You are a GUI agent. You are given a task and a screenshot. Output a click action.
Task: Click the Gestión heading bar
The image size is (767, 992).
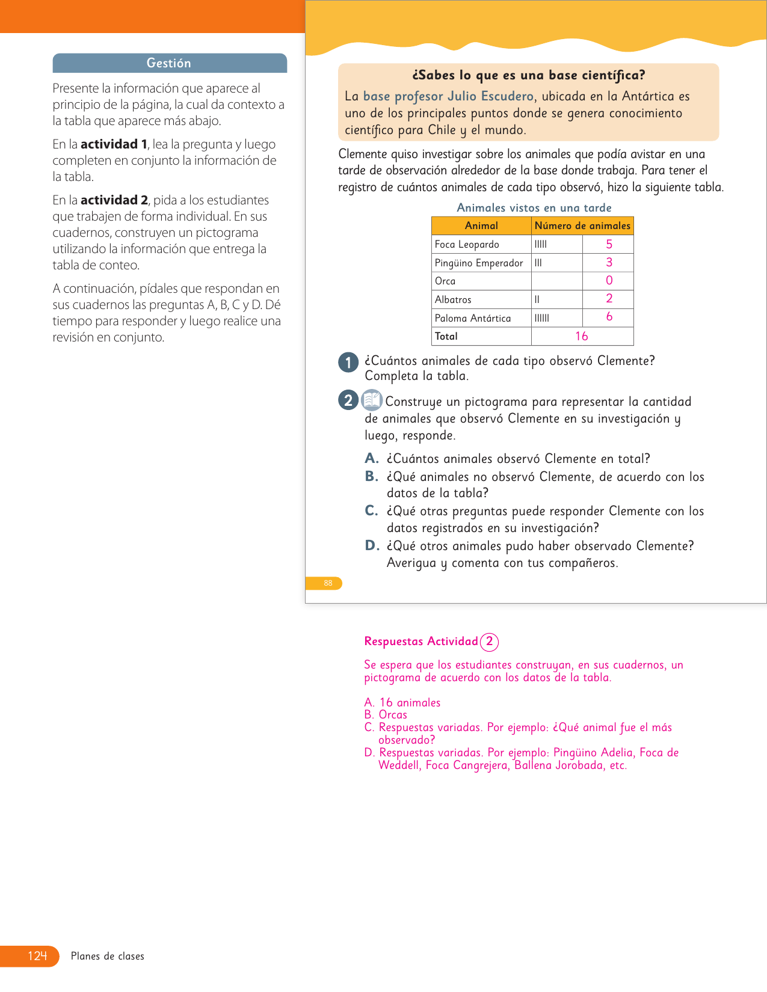(x=169, y=63)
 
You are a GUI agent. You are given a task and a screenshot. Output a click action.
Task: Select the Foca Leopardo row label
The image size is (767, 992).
(x=467, y=244)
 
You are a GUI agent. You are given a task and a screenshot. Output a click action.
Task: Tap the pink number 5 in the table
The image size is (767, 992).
(x=609, y=244)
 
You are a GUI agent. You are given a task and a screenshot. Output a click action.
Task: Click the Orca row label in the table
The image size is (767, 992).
(x=445, y=281)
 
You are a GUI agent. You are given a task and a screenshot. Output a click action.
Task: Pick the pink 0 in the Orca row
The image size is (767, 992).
(x=609, y=281)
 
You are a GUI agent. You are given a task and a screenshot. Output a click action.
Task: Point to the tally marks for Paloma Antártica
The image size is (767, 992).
(x=542, y=318)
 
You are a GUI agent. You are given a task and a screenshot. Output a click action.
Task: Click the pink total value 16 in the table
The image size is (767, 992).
(x=581, y=336)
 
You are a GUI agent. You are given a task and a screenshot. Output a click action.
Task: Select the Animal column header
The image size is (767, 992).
(x=481, y=225)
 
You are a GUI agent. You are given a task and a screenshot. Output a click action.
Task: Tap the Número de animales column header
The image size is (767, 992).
(x=582, y=225)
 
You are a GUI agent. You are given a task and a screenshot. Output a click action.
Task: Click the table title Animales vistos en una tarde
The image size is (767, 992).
(x=534, y=207)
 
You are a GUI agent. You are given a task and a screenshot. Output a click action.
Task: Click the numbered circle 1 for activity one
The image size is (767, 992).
(x=348, y=363)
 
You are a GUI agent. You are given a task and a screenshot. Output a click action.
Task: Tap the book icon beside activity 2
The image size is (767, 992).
(x=372, y=400)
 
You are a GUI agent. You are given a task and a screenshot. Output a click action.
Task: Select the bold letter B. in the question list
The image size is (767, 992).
(x=372, y=476)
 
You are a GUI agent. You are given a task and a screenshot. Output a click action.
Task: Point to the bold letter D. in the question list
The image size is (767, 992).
(x=372, y=545)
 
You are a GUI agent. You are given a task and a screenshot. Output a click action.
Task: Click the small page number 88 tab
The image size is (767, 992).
(x=328, y=583)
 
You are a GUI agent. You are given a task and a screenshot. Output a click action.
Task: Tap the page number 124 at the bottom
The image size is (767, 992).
(x=37, y=956)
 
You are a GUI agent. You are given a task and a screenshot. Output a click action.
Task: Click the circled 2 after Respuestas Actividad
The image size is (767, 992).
(x=490, y=641)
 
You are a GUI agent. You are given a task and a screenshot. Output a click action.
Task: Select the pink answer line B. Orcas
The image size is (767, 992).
(x=386, y=715)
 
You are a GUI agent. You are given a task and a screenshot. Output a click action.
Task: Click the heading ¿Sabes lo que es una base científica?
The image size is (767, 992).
(x=528, y=75)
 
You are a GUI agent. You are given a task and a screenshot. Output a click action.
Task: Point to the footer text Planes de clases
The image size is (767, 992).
(x=108, y=956)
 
